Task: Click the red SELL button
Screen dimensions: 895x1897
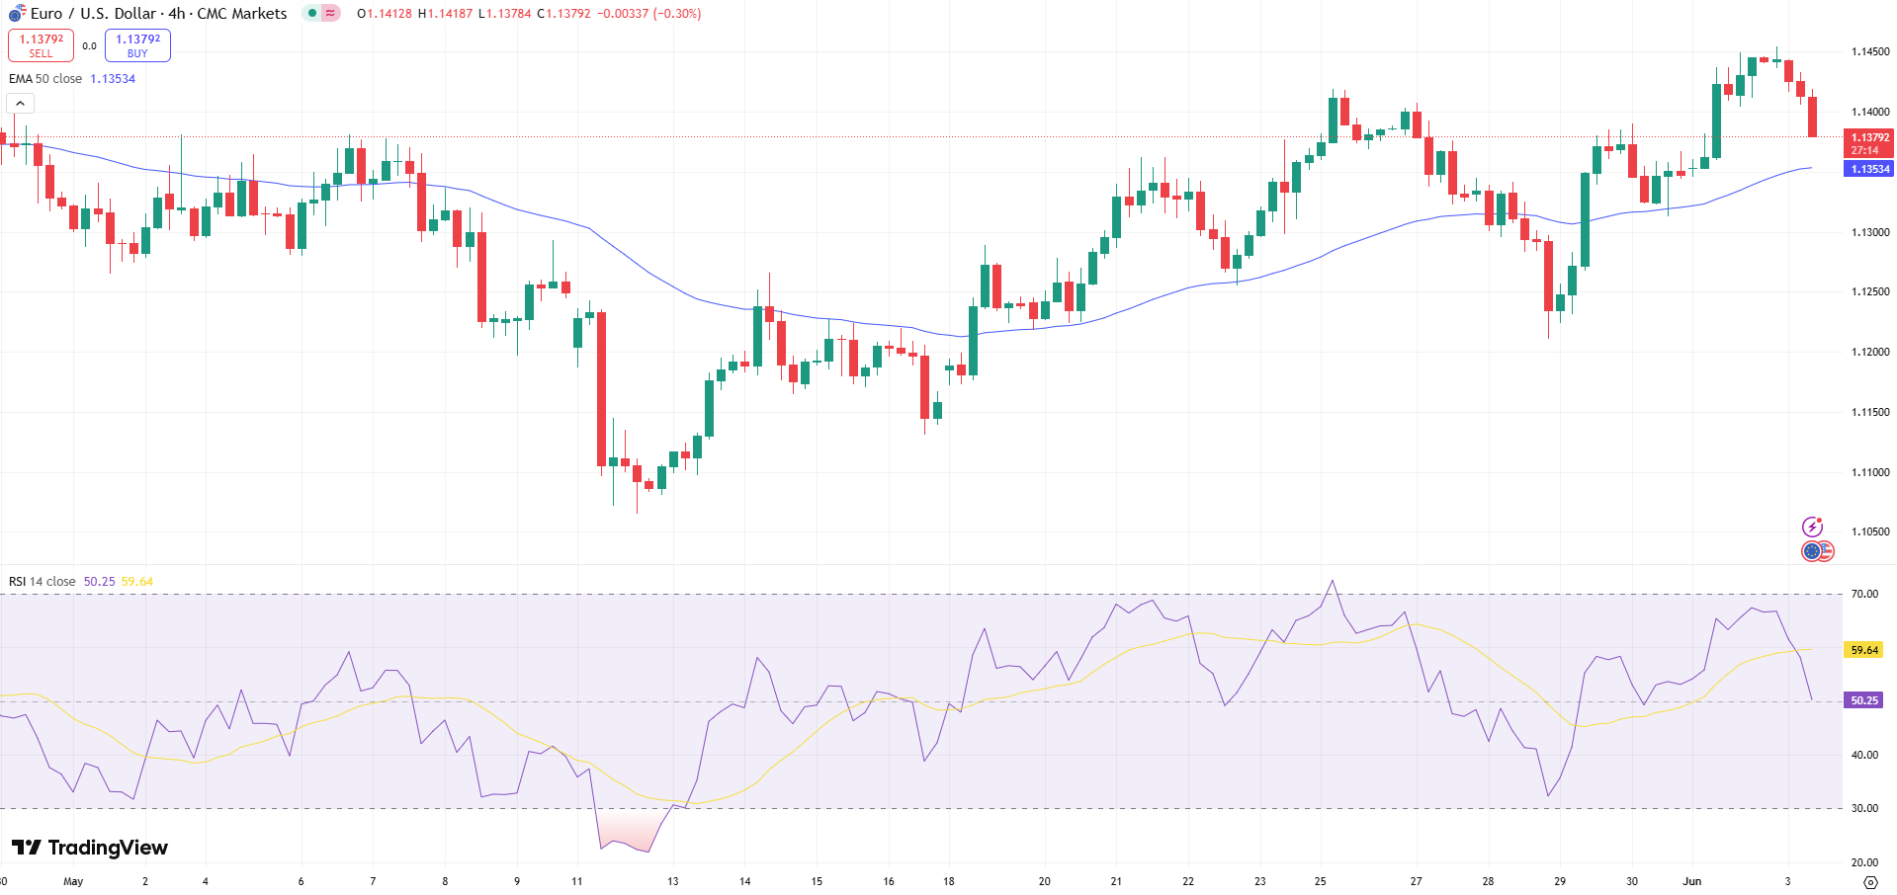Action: point(41,45)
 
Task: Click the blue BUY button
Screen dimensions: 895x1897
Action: point(137,45)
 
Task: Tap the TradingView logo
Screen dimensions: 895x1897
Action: point(90,848)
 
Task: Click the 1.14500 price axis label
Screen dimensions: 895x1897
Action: point(1869,51)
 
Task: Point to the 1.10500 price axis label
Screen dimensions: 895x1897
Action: point(1869,531)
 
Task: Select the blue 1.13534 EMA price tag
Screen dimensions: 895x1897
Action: point(1868,169)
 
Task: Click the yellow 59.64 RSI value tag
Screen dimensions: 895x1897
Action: point(1863,650)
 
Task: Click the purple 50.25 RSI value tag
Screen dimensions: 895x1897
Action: point(1863,700)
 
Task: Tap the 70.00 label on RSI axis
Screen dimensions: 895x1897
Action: point(1864,594)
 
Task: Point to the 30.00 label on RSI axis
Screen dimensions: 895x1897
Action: point(1864,808)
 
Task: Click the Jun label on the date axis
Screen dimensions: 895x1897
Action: point(1691,881)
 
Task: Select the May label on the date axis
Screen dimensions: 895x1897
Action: point(73,881)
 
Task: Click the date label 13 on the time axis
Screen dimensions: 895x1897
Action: point(672,881)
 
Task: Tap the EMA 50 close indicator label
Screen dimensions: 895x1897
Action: point(45,79)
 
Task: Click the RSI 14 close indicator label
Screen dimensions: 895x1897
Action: point(42,582)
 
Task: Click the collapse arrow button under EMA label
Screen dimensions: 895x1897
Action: point(20,103)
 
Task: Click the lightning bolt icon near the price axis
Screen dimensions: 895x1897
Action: point(1812,527)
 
